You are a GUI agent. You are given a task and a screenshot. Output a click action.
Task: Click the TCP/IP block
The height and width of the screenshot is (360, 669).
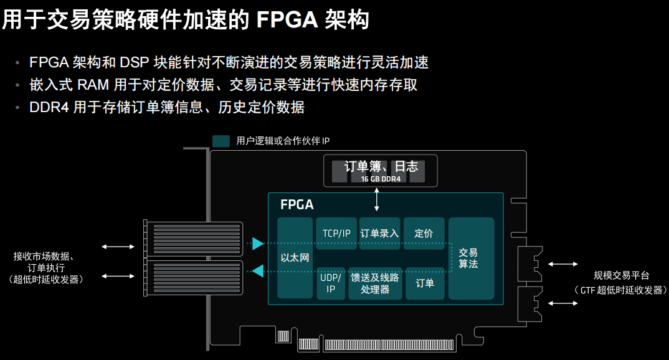click(x=336, y=234)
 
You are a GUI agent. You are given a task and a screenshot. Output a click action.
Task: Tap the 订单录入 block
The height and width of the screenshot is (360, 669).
click(x=379, y=234)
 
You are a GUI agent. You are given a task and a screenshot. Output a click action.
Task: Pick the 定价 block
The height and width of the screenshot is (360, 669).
click(x=424, y=234)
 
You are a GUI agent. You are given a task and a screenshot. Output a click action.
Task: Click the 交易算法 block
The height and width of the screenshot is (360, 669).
click(x=471, y=258)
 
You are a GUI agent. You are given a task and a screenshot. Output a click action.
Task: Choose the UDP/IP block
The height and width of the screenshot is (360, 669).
click(x=331, y=283)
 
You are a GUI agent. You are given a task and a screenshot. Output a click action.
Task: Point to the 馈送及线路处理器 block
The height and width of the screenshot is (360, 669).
click(x=375, y=283)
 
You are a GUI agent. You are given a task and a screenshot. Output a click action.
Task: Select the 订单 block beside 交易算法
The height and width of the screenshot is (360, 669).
click(x=425, y=283)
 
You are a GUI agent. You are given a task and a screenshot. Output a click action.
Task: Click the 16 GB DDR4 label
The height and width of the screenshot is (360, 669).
click(x=380, y=179)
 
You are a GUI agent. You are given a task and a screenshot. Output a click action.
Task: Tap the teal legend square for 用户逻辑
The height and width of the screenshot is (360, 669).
click(x=221, y=141)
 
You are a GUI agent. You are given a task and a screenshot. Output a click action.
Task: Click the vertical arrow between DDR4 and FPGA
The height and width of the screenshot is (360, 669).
click(x=376, y=199)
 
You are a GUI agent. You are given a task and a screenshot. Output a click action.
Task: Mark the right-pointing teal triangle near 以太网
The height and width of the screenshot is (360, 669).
click(x=259, y=244)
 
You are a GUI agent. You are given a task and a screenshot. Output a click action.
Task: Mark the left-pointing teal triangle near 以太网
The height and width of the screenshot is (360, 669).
click(x=259, y=270)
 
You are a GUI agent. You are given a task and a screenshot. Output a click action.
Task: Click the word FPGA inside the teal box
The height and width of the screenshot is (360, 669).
click(x=297, y=204)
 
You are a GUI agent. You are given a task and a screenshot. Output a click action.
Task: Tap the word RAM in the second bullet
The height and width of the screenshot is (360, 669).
click(x=93, y=85)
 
